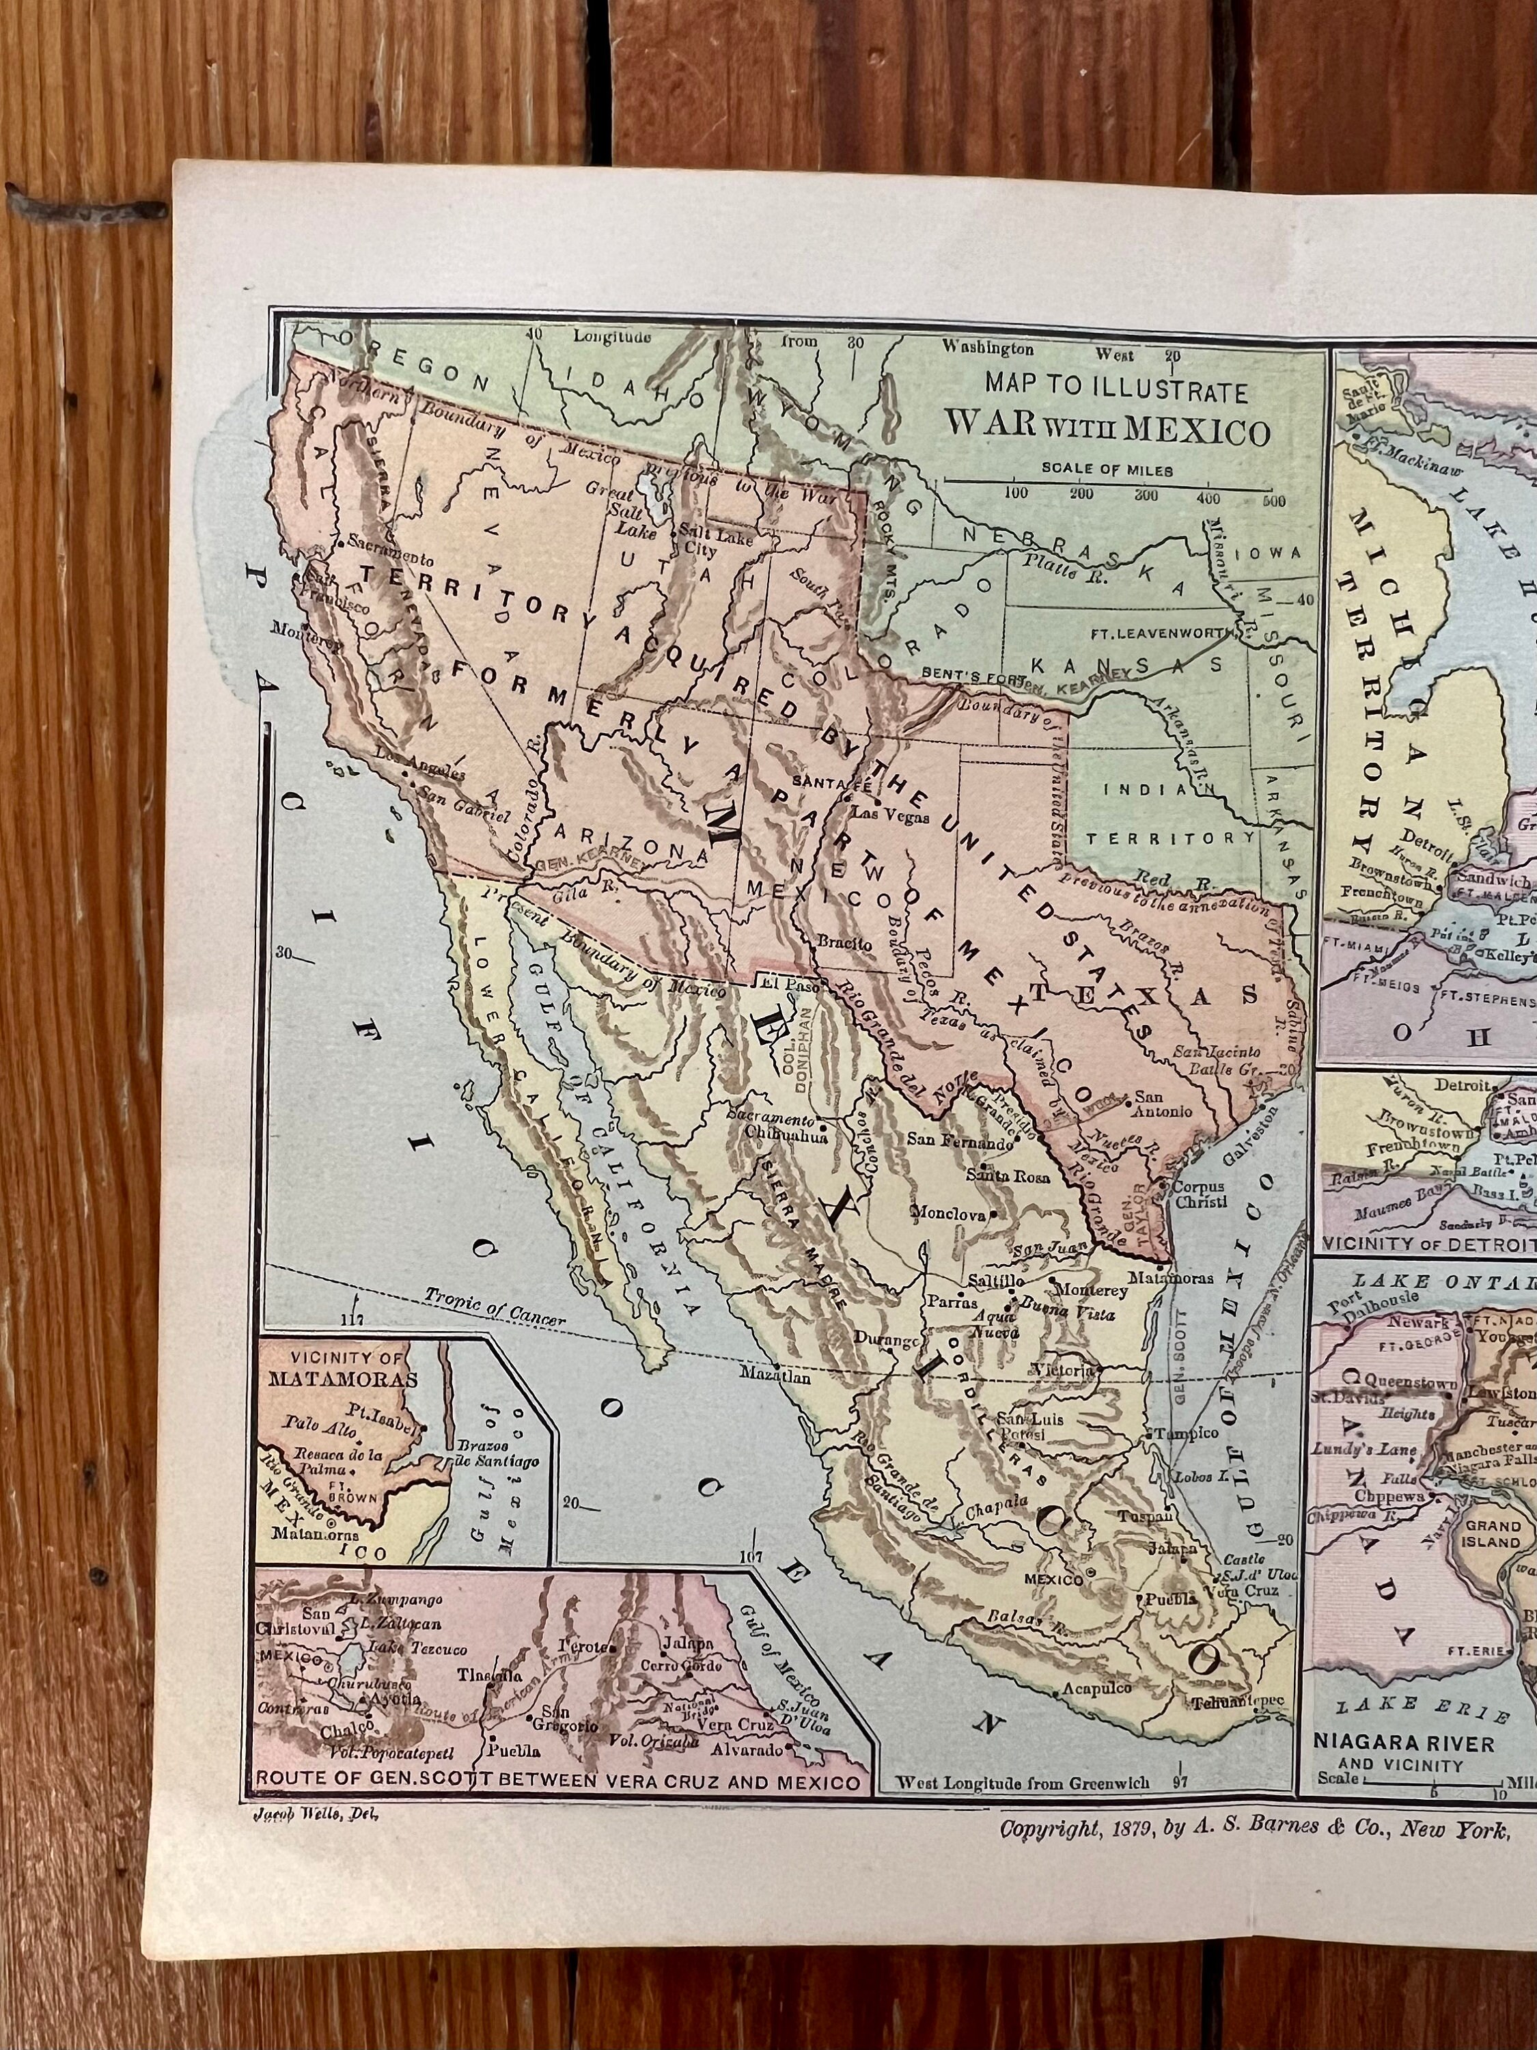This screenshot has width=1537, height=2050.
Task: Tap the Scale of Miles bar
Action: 1109,481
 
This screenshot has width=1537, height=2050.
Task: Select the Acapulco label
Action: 1096,1689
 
